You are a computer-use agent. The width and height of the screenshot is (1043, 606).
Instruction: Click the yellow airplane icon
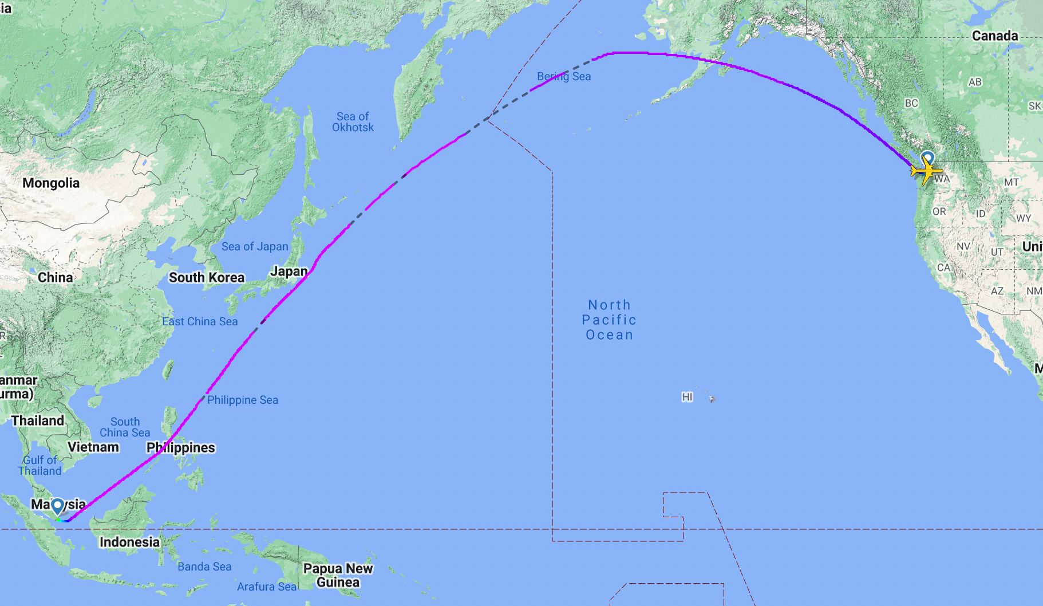[926, 171]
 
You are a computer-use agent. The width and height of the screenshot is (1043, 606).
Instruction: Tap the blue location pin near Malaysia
[57, 506]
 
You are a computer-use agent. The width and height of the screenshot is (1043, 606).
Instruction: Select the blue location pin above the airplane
[927, 158]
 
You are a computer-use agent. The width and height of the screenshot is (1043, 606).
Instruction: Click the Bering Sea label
[564, 76]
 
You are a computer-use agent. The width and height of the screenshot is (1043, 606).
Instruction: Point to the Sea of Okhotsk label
[353, 122]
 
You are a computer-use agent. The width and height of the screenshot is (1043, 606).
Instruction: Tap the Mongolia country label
[51, 183]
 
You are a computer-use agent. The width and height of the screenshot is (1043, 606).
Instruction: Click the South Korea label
[207, 278]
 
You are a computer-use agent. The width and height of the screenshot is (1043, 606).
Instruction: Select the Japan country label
[289, 271]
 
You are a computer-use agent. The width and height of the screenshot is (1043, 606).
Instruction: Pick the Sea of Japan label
[255, 247]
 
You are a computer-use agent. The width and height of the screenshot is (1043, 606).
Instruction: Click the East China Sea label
[200, 322]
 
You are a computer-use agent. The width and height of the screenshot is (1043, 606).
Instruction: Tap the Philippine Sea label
[243, 400]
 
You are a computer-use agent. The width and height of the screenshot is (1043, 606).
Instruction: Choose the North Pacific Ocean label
[609, 320]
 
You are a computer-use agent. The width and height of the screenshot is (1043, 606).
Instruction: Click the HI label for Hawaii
[688, 397]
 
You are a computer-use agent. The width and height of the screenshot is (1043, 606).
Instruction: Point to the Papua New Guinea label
[338, 575]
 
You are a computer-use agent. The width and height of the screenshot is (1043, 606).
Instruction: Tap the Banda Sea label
[204, 567]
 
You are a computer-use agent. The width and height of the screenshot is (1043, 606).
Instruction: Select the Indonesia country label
[130, 542]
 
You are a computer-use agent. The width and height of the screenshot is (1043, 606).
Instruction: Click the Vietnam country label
[93, 447]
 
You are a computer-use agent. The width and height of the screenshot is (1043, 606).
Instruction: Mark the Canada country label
[995, 36]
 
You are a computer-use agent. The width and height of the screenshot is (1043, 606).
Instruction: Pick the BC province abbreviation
[911, 103]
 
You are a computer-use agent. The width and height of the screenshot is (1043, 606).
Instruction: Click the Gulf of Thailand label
[39, 466]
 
